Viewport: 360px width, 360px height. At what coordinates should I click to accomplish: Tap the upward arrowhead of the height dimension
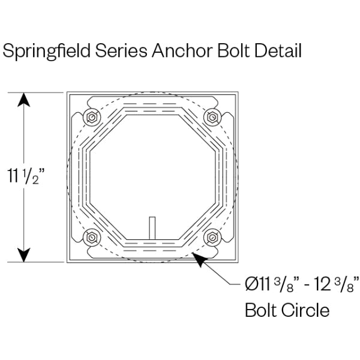pyautogui.click(x=24, y=100)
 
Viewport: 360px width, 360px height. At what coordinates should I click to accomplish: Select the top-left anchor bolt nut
pyautogui.click(x=91, y=117)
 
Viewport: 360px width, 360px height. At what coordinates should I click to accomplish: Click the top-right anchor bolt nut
pyautogui.click(x=211, y=117)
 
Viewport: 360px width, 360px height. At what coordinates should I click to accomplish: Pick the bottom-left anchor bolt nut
pyautogui.click(x=91, y=238)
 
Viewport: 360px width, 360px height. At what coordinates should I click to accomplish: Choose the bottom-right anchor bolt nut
pyautogui.click(x=211, y=238)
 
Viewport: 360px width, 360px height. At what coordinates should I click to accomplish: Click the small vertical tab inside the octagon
pyautogui.click(x=152, y=227)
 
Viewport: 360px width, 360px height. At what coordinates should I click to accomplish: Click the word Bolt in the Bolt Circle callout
pyautogui.click(x=261, y=310)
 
